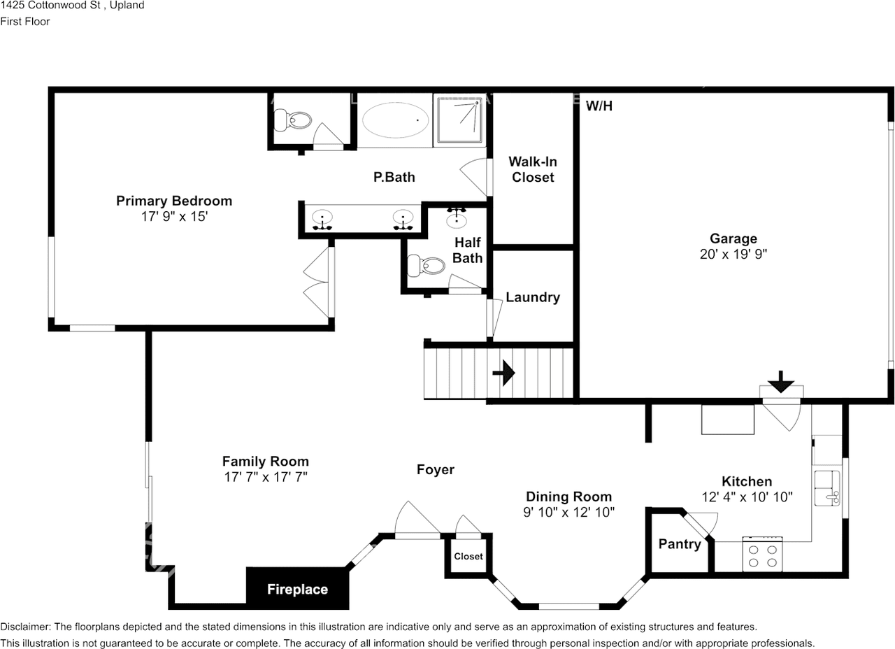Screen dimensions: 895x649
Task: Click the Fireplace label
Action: tap(297, 589)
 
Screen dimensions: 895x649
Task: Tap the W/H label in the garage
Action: tap(599, 106)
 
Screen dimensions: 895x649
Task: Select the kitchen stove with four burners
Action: tap(762, 555)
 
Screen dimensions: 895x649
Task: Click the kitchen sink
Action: tap(827, 488)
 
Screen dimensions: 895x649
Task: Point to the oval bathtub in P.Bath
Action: tap(395, 120)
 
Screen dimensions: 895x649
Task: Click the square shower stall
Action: tap(460, 120)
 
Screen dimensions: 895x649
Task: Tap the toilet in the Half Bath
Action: tap(426, 265)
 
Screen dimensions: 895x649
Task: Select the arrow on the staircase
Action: tap(503, 373)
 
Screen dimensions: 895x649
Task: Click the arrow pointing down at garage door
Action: tap(781, 382)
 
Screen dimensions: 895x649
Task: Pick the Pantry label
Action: tap(680, 544)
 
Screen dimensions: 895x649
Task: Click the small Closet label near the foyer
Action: tap(468, 556)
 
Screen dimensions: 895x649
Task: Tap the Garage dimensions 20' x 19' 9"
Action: tap(733, 254)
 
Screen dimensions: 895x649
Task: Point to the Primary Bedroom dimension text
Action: tap(174, 216)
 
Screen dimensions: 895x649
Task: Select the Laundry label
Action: tap(533, 297)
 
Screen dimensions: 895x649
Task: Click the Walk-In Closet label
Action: tap(533, 169)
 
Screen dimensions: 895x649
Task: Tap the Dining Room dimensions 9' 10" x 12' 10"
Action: tap(568, 512)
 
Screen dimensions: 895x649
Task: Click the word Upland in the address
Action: tap(127, 5)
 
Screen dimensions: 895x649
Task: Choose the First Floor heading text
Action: tap(24, 22)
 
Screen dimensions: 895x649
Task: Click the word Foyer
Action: tap(435, 469)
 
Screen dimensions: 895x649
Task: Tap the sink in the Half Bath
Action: tap(457, 220)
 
